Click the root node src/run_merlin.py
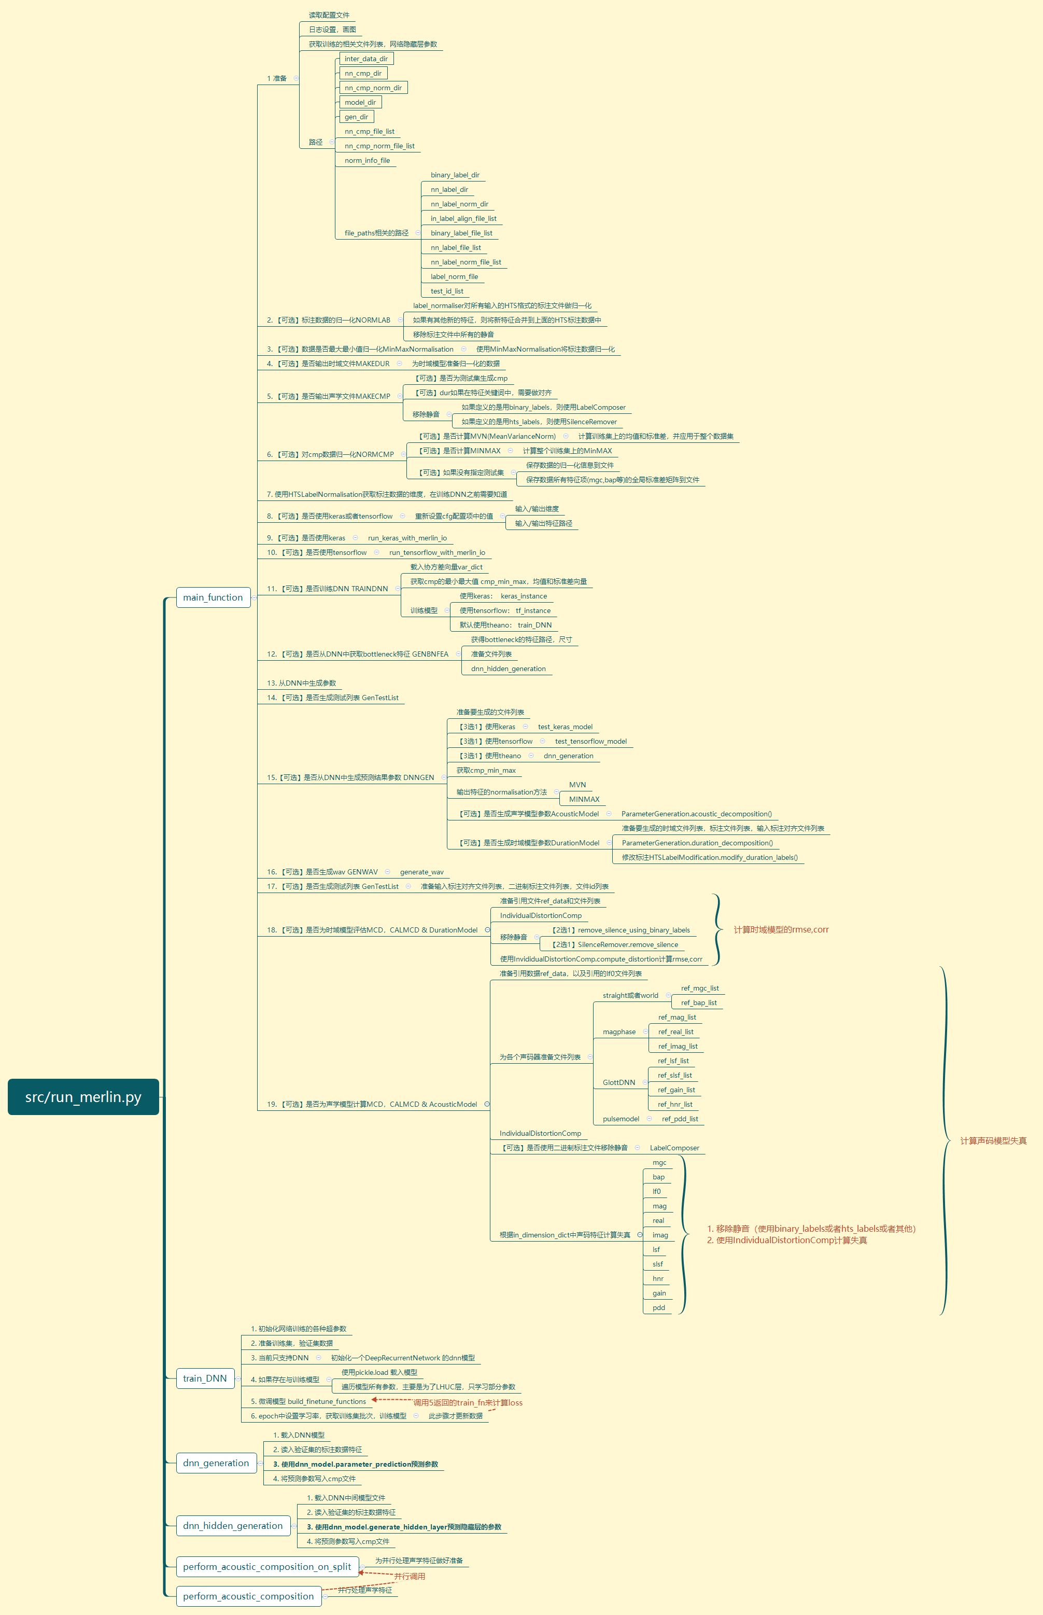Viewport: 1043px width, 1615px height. tap(83, 1097)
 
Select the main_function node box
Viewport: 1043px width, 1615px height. tap(213, 597)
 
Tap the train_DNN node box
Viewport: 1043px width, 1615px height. tap(205, 1378)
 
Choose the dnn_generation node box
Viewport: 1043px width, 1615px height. tap(216, 1463)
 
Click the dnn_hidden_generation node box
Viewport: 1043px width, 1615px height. tap(233, 1526)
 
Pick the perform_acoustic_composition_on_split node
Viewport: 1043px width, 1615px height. tap(267, 1566)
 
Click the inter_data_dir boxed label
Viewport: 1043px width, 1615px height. tap(366, 59)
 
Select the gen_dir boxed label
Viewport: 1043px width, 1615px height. tap(356, 117)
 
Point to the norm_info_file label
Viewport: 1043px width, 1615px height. tap(367, 161)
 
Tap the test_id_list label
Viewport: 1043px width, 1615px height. tap(447, 291)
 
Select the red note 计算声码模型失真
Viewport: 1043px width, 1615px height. tap(993, 1141)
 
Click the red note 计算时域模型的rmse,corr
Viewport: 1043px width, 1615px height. tap(781, 929)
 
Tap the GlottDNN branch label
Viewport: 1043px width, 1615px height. tap(619, 1082)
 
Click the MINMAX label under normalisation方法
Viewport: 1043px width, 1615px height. tap(584, 799)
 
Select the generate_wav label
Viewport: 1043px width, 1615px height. tap(421, 872)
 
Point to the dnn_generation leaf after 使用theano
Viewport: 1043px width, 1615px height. tap(568, 756)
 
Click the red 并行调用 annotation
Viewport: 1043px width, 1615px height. tap(410, 1577)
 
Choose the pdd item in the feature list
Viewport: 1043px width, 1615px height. tap(658, 1307)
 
